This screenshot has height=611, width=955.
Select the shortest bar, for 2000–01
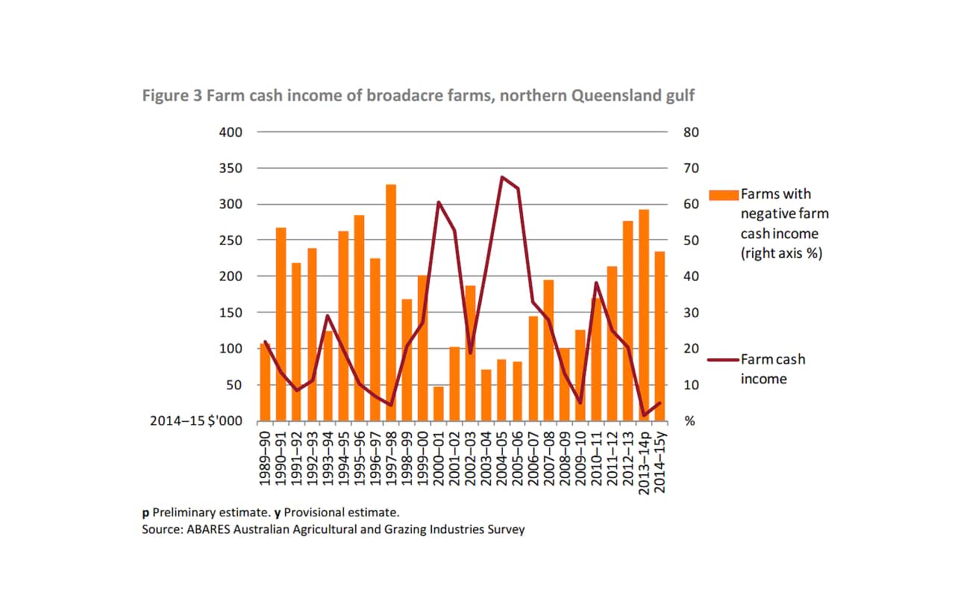[439, 403]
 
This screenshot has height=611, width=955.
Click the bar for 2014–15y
[660, 336]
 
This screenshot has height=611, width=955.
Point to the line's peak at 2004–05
[502, 178]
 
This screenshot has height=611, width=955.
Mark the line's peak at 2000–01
[439, 202]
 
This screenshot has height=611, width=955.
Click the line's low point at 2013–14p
[644, 415]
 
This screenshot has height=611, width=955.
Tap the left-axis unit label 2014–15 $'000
[196, 421]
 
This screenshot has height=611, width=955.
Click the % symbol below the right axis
[690, 421]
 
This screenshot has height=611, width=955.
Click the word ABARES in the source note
[204, 530]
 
